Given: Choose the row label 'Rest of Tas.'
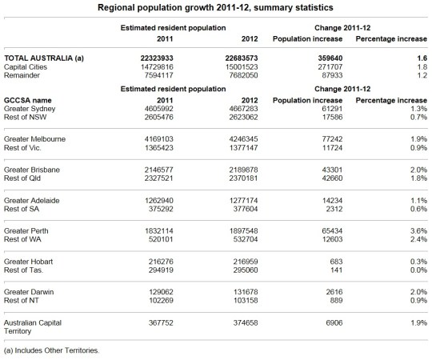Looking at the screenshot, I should coord(26,270).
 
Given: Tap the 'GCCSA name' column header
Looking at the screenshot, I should coord(29,98).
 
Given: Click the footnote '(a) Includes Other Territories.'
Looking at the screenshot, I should coord(53,350).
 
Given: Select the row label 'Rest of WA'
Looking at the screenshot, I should coord(25,239).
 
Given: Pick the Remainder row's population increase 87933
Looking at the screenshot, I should coord(330,77).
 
